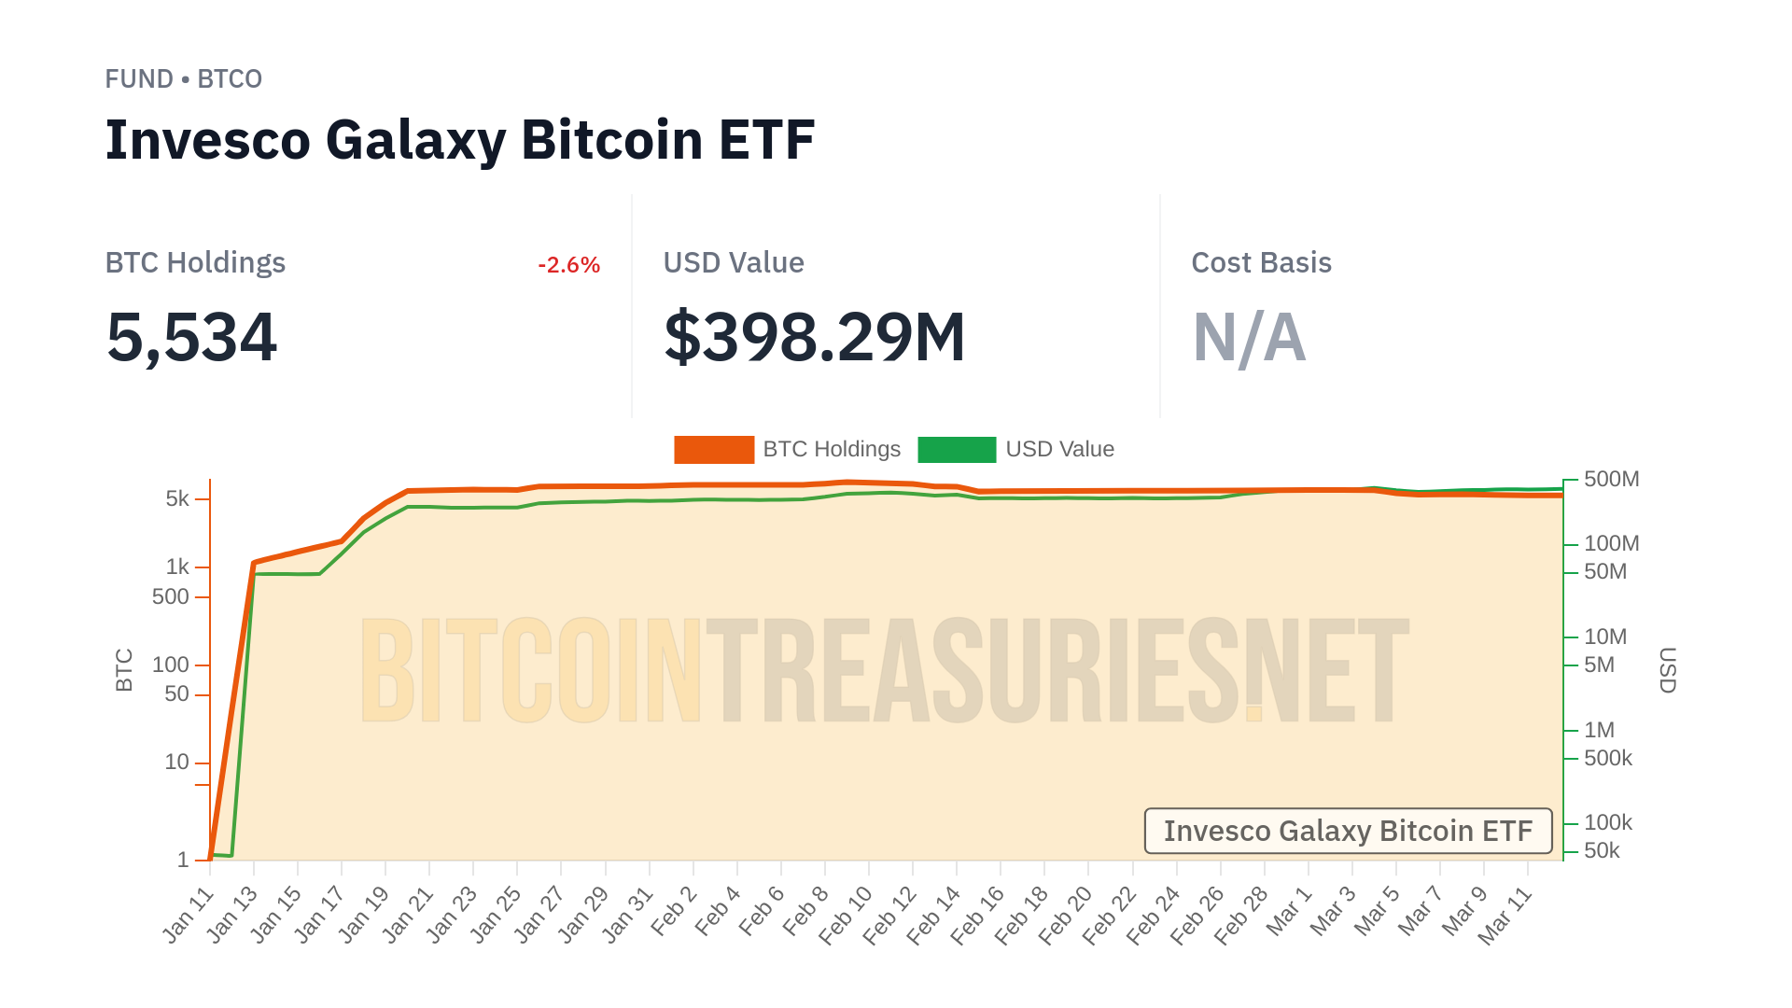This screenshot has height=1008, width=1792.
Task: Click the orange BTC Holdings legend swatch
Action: point(713,450)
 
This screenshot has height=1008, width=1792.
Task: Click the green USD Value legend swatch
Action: point(956,450)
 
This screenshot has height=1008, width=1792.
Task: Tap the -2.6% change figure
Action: point(568,265)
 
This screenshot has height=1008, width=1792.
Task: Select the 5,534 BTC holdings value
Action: point(191,337)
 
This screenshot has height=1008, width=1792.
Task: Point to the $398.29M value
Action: point(814,337)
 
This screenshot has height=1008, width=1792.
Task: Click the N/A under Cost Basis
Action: point(1249,337)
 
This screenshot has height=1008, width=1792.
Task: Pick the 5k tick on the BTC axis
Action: point(177,498)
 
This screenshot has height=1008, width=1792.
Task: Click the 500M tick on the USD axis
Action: point(1611,479)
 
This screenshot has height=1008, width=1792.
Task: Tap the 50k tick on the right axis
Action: point(1602,850)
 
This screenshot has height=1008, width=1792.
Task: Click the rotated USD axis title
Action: point(1667,670)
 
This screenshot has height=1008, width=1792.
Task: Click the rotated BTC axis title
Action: point(124,670)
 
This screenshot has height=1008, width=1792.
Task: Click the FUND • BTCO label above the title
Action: point(183,79)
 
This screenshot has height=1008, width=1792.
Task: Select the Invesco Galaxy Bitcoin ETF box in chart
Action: point(1348,831)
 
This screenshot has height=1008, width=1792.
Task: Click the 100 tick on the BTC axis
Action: point(171,665)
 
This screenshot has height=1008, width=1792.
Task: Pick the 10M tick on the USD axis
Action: point(1605,637)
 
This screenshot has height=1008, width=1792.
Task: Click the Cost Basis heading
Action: point(1261,263)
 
